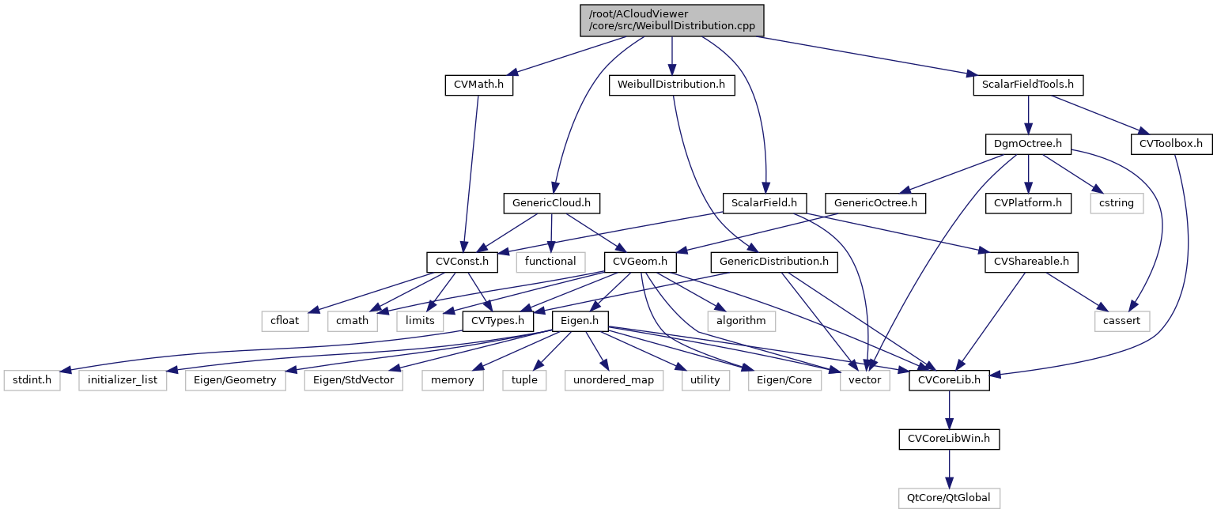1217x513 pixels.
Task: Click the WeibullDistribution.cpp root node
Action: (671, 20)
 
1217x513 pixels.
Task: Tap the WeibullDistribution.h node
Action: (671, 85)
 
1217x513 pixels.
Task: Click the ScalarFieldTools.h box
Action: (1027, 85)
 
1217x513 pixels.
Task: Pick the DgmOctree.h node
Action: (1027, 144)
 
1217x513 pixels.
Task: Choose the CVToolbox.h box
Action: (1171, 144)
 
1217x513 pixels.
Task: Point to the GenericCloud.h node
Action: (551, 203)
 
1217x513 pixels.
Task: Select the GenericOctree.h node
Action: (875, 203)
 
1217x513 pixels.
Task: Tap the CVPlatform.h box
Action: (1028, 203)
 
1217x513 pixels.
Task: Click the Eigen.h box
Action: (580, 322)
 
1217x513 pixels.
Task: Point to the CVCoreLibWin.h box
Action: (949, 439)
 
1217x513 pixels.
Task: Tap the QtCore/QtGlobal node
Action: (949, 498)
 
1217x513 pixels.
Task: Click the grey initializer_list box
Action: (123, 380)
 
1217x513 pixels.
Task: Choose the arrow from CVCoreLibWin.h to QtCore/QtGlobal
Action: (949, 469)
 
